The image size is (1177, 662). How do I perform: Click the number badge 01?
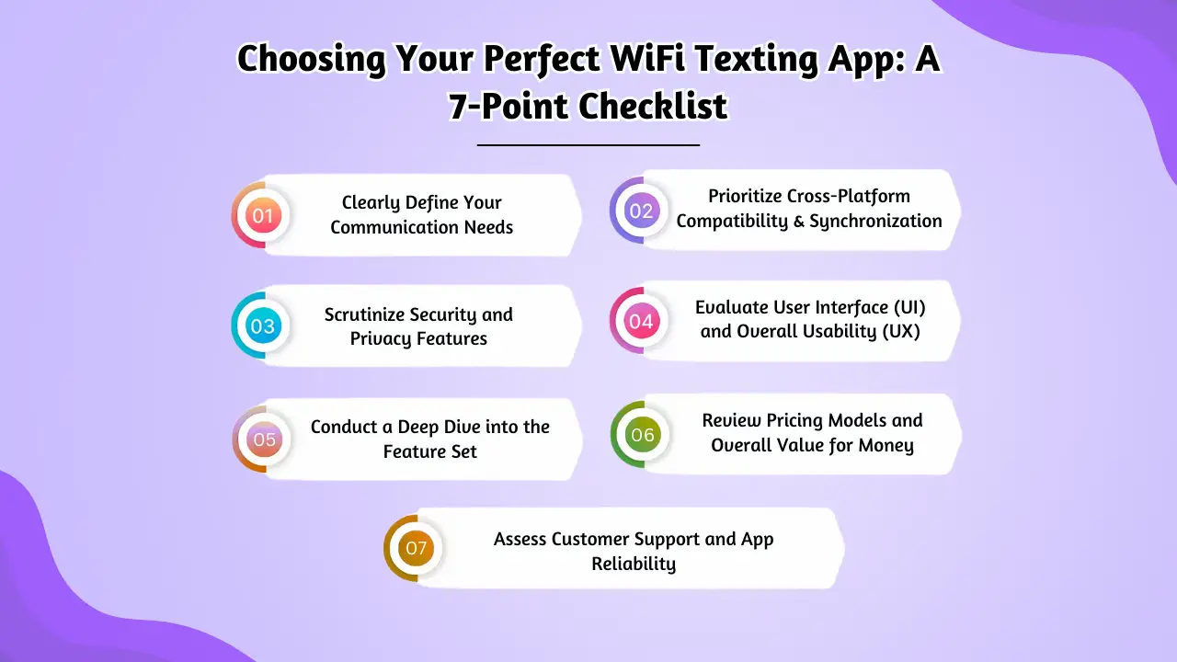[x=263, y=216]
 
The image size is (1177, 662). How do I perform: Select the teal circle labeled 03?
[x=263, y=326]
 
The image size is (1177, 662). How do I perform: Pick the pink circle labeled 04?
[x=641, y=322]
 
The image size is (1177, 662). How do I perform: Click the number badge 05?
[x=264, y=439]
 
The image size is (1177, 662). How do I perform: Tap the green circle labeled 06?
[x=642, y=435]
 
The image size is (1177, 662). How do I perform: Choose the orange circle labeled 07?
[x=416, y=549]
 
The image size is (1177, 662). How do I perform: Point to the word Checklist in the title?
[x=653, y=107]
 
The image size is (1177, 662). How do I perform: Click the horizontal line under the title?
[x=588, y=144]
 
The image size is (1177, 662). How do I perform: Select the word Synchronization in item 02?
[x=875, y=222]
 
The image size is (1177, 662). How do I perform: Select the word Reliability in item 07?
[x=633, y=564]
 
